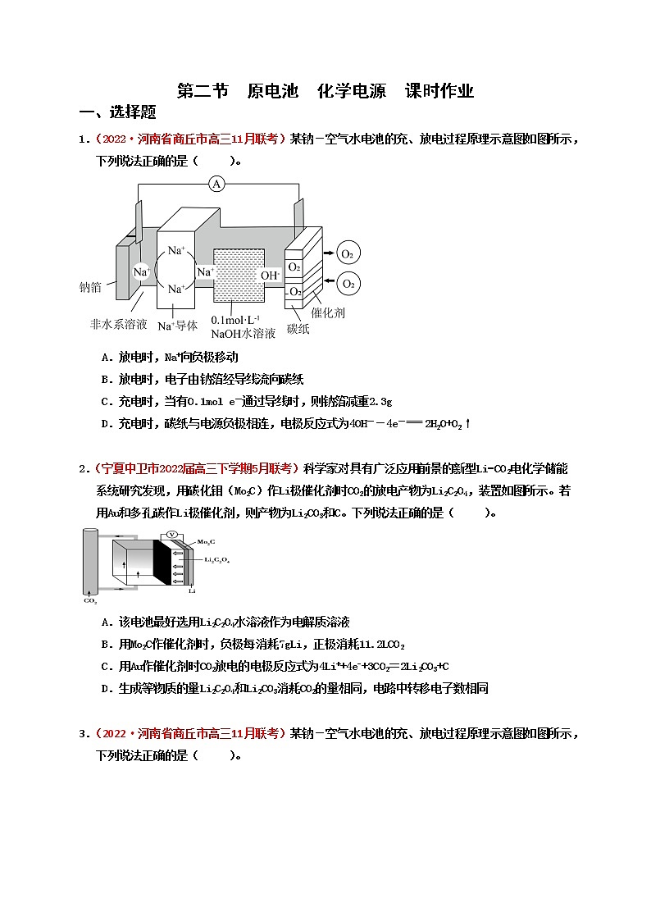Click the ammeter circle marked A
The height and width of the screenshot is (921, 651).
click(216, 184)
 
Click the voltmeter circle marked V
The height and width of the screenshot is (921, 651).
click(171, 534)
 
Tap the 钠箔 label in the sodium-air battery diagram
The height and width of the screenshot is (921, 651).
click(90, 287)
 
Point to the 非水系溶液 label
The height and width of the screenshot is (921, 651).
click(118, 324)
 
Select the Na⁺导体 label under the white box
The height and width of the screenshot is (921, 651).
click(177, 326)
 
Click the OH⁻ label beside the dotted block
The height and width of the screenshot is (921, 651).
click(271, 275)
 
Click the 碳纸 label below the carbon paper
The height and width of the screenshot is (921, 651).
click(298, 330)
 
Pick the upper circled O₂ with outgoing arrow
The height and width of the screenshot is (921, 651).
click(348, 253)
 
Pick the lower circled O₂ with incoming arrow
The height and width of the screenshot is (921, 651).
click(348, 284)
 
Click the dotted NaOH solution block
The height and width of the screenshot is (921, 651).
click(239, 276)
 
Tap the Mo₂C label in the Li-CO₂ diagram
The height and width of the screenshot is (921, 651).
click(206, 542)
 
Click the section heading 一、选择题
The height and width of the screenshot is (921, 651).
click(117, 112)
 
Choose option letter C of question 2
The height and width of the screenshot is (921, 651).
click(105, 666)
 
